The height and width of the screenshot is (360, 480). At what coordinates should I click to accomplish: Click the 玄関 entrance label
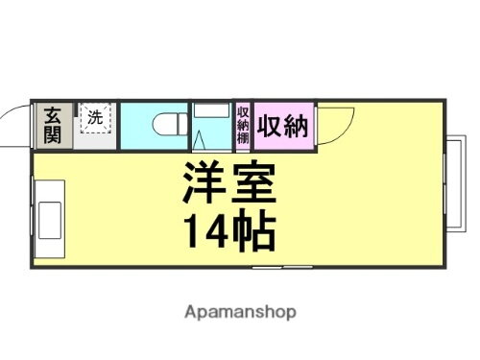[51, 125]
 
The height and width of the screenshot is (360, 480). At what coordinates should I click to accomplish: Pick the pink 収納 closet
[282, 125]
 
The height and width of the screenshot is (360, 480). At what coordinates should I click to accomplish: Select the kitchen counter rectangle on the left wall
[47, 216]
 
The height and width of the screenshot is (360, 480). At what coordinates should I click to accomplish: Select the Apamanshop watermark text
[239, 312]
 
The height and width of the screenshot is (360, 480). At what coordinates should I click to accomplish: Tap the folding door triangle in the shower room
[201, 140]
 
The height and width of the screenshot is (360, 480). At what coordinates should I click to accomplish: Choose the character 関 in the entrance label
[51, 134]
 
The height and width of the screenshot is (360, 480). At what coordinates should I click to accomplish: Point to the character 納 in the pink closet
[296, 125]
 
